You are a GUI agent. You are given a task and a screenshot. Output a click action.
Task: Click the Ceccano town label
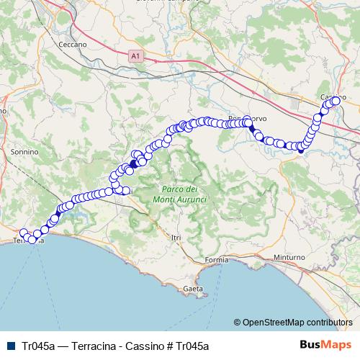(x=74, y=44)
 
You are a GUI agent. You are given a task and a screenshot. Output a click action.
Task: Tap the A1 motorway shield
(x=136, y=55)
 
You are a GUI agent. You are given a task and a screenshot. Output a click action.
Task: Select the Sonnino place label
(x=24, y=152)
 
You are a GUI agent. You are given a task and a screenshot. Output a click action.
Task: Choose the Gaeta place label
(x=192, y=288)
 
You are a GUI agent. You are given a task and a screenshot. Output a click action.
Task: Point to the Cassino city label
(x=325, y=97)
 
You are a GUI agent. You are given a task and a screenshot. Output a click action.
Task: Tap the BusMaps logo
(x=325, y=346)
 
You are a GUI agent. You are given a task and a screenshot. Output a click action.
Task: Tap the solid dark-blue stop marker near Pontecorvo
(x=252, y=129)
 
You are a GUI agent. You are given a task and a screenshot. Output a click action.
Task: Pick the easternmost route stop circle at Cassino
(x=336, y=101)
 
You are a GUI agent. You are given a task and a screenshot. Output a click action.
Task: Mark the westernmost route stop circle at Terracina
(x=23, y=233)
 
